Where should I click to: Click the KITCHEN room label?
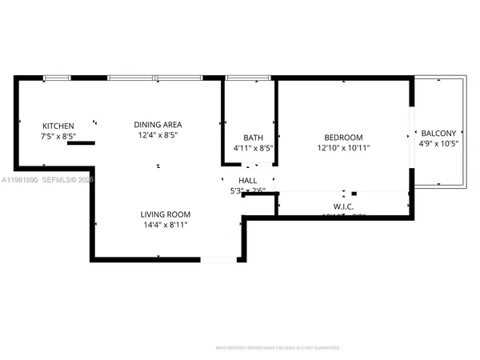[x=58, y=126]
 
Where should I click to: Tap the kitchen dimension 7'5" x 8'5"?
[x=58, y=137]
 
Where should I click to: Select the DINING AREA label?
[x=158, y=124]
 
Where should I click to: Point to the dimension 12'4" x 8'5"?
[x=158, y=135]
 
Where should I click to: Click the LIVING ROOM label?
[x=166, y=214]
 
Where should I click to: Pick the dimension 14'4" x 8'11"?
[x=166, y=225]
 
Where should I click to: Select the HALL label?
[x=248, y=180]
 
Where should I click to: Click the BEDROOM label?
[x=343, y=137]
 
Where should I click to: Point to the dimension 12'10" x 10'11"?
[x=343, y=148]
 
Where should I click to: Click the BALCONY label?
[x=438, y=134]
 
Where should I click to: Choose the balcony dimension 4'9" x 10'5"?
[x=438, y=145]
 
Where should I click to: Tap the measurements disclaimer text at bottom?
[x=278, y=348]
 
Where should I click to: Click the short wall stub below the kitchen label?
[x=82, y=144]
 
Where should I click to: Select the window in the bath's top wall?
[x=242, y=78]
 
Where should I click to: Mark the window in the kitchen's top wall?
[x=56, y=78]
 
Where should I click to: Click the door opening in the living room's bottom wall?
[x=218, y=259]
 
